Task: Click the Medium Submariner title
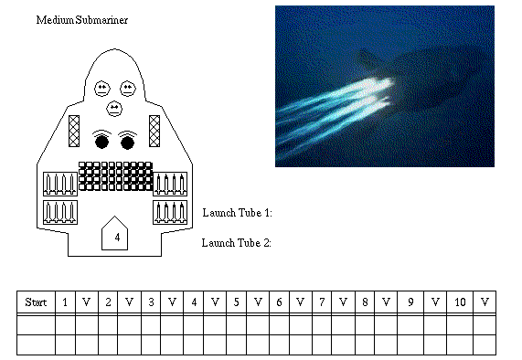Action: tap(82, 20)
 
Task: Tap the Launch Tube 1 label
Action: tap(238, 213)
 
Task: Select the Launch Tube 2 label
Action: tap(237, 243)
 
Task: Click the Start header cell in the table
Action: tap(36, 302)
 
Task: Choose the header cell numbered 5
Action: tap(237, 302)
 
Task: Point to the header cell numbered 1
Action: tap(65, 302)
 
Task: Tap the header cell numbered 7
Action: tap(322, 302)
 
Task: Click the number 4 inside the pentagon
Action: tap(117, 238)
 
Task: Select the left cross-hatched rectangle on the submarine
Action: tap(74, 131)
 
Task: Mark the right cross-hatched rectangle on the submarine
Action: tap(154, 131)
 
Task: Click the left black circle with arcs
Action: tap(101, 140)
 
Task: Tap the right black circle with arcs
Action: tap(127, 140)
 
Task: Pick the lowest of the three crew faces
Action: tap(114, 109)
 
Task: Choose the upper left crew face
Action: tap(102, 89)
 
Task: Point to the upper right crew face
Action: tap(128, 89)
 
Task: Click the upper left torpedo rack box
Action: tap(60, 184)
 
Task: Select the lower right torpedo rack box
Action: tap(170, 212)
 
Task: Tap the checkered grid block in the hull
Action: tap(115, 176)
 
